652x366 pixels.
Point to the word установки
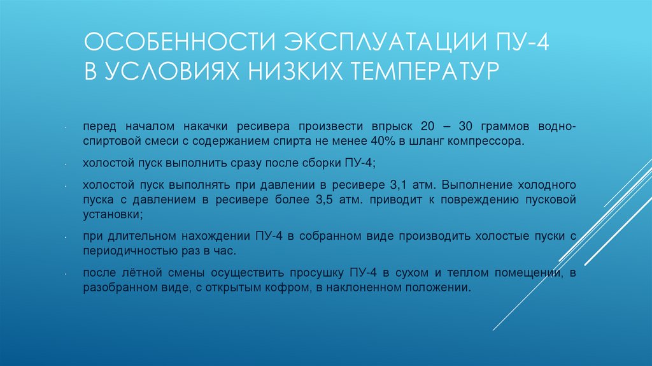click(109, 214)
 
